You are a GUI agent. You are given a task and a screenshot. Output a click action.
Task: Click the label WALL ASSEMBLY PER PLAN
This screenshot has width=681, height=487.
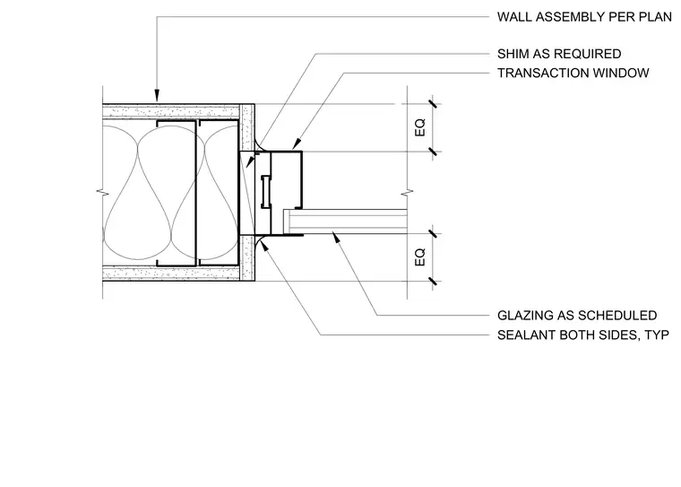pos(584,17)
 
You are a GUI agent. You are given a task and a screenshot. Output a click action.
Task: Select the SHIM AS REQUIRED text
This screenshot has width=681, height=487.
pos(559,54)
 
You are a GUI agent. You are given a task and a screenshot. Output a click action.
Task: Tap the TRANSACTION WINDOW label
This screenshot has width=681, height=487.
pos(573,73)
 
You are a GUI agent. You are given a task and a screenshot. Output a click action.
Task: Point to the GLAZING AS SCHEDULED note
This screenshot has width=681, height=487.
pos(577,315)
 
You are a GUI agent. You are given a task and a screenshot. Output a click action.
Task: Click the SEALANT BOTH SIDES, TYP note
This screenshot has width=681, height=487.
pos(582,335)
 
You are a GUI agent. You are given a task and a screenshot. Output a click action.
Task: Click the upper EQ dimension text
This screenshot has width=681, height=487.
pos(420,128)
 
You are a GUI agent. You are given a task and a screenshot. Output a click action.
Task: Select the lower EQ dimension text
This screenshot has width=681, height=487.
pos(420,257)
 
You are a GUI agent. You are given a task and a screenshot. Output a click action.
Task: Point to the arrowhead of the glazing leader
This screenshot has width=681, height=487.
pos(335,237)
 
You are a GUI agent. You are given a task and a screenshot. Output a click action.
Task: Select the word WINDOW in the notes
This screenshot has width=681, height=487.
pos(621,73)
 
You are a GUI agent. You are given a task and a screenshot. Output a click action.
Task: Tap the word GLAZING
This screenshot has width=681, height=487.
pos(522,315)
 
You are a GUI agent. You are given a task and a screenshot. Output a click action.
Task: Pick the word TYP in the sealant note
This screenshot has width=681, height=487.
pos(657,335)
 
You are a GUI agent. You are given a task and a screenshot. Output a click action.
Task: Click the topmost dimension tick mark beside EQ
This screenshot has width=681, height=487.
pos(433,104)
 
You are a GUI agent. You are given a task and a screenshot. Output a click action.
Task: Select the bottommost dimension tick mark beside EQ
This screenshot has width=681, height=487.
pos(433,282)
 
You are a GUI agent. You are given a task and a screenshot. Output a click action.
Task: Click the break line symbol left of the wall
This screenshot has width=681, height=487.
pos(102,191)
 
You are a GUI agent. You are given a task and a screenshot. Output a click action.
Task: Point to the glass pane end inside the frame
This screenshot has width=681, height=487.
pos(287,222)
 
